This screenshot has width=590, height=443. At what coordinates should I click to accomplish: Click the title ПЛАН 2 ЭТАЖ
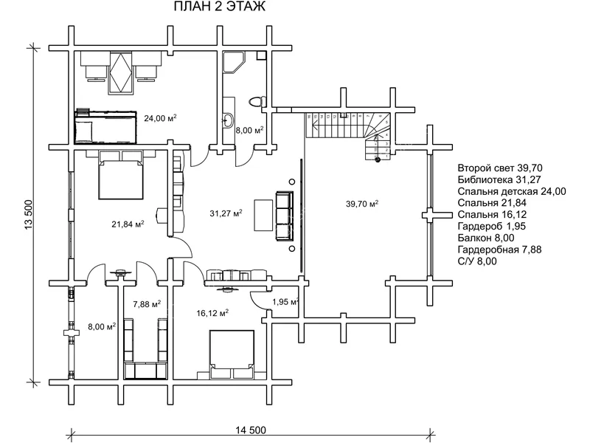pyautogui.click(x=220, y=8)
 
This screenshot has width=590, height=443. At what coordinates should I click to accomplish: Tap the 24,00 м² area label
pyautogui.click(x=160, y=118)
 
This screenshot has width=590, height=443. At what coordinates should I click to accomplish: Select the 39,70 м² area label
pyautogui.click(x=362, y=204)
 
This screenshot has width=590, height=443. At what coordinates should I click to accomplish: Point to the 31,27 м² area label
pyautogui.click(x=226, y=214)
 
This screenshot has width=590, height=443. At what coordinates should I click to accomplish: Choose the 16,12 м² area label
pyautogui.click(x=212, y=313)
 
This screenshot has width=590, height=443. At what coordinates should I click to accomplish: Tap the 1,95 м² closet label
pyautogui.click(x=285, y=302)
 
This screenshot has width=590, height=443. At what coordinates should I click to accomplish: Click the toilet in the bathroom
pyautogui.click(x=255, y=100)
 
